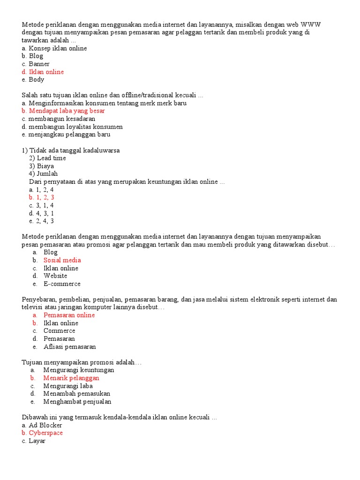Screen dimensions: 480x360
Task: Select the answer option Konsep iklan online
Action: click(x=57, y=48)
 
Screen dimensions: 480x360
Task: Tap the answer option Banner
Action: click(x=39, y=64)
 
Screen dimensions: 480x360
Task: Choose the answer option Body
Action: click(x=37, y=80)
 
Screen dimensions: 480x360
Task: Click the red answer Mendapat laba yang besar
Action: click(x=67, y=111)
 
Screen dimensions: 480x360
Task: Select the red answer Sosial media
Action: click(x=62, y=260)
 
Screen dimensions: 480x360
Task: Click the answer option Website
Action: click(x=55, y=276)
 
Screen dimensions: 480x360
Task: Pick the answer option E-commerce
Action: click(x=62, y=284)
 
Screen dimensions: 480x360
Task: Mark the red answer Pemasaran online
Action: click(x=69, y=315)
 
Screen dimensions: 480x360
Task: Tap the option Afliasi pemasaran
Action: click(x=69, y=347)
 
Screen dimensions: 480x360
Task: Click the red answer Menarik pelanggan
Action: click(x=71, y=378)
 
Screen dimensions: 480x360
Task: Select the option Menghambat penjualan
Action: click(x=77, y=402)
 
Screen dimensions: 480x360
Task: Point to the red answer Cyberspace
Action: click(x=45, y=433)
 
